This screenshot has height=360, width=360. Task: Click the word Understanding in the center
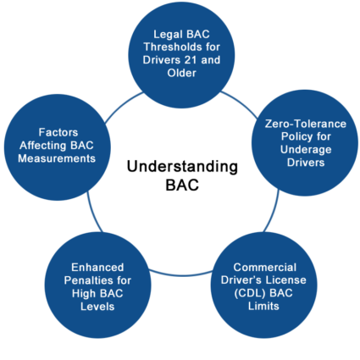[179, 167]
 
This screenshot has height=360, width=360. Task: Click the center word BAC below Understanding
[179, 185]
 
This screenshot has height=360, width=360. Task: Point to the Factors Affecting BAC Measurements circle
[54, 145]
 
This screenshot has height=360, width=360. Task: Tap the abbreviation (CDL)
[241, 294]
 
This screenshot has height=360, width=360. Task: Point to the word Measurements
[54, 159]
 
